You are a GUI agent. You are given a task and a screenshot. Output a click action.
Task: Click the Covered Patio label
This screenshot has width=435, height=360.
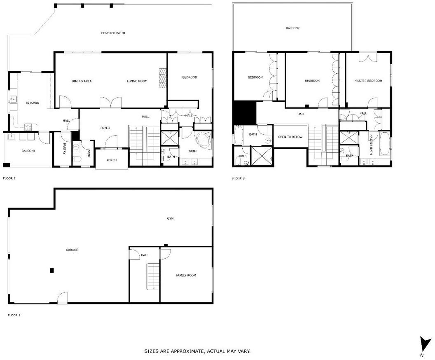tap(113, 33)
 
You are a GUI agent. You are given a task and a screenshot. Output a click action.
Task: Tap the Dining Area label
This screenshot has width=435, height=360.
tap(82, 81)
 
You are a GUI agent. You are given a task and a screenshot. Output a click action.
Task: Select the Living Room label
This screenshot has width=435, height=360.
tap(137, 81)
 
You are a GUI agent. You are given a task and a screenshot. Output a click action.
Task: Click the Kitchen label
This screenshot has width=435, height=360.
tap(33, 103)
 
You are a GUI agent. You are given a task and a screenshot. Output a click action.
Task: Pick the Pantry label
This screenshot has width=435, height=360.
tap(64, 148)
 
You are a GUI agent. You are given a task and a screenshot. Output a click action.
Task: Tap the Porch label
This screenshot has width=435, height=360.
tap(112, 160)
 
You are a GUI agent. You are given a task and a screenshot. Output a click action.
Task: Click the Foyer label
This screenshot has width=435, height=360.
tap(105, 128)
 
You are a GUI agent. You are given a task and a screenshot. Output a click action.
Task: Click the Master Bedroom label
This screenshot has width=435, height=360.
tap(368, 81)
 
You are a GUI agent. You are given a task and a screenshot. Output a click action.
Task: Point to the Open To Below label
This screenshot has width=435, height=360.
tap(290, 137)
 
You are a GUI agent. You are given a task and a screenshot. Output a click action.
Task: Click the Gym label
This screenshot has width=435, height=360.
tap(171, 218)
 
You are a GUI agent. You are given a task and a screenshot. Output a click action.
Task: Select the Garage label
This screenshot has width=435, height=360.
tap(72, 250)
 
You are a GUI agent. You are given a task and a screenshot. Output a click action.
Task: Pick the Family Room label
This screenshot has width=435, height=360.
tap(186, 275)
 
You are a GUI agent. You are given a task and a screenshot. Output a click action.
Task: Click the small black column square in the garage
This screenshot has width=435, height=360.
tap(52, 270)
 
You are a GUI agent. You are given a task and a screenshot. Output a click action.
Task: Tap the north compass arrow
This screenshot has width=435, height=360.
tap(424, 344)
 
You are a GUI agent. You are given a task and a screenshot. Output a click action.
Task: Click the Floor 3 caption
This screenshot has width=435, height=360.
tap(239, 178)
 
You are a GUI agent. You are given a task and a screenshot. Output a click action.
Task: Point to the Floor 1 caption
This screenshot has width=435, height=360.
tap(14, 315)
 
